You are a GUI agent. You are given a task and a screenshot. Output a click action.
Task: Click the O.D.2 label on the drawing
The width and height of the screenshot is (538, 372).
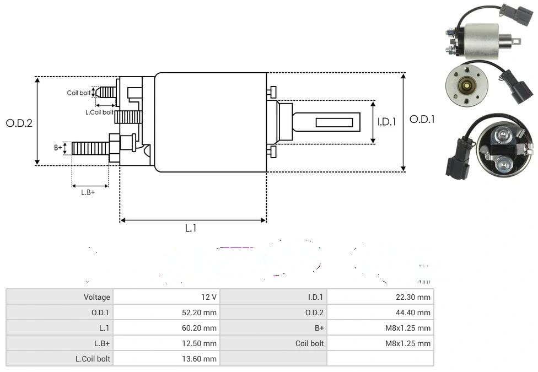(19, 123)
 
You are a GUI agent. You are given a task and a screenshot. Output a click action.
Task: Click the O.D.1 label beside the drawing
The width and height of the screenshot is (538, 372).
(422, 119)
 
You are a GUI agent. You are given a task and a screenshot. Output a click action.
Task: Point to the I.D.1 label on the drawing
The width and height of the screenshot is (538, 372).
(387, 122)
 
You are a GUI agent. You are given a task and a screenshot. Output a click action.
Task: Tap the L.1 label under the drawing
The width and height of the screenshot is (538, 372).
(191, 228)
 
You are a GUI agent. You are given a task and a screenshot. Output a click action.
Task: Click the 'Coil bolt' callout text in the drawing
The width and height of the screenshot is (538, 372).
(78, 93)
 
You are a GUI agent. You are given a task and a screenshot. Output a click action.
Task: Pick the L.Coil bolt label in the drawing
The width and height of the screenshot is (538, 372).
(99, 112)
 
